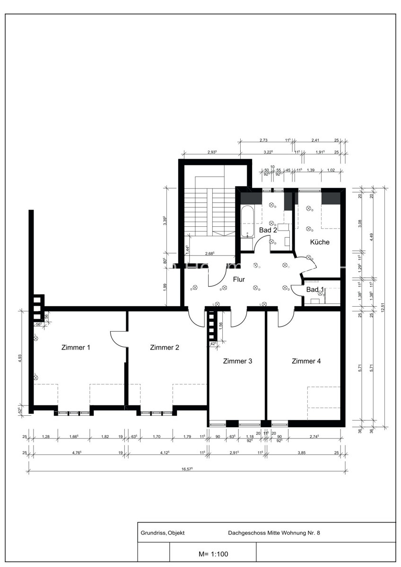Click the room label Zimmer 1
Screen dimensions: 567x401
(x=76, y=347)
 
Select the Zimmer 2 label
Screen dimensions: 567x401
(x=164, y=347)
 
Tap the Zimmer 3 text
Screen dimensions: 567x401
(x=237, y=361)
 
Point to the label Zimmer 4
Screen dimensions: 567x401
(x=306, y=361)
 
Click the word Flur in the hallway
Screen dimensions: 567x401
(x=239, y=279)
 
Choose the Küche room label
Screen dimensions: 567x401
(x=319, y=242)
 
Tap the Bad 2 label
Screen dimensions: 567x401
(x=268, y=230)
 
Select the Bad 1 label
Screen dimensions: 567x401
(x=315, y=289)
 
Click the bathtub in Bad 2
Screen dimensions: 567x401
(x=247, y=221)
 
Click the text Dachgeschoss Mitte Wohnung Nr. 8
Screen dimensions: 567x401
(x=274, y=533)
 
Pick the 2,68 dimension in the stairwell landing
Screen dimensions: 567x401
(x=210, y=254)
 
